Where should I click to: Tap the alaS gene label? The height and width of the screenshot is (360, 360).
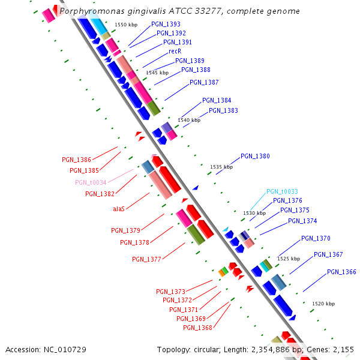click(119, 209)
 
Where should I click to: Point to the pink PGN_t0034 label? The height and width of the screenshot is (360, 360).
click(91, 182)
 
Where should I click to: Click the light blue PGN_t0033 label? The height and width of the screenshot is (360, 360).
click(282, 191)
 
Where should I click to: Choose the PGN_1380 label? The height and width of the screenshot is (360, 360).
click(256, 156)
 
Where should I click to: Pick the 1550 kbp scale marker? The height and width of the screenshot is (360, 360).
click(126, 25)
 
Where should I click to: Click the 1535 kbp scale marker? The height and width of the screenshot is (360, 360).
click(221, 167)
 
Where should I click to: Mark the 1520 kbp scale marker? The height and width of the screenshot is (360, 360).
click(323, 304)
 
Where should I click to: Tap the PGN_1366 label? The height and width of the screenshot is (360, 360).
click(342, 272)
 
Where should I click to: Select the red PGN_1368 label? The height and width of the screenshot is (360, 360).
click(198, 328)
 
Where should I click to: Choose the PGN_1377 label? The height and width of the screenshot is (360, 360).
click(146, 259)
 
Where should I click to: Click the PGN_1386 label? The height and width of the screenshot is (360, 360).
click(77, 160)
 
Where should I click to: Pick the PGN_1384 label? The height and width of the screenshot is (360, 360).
click(217, 101)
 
